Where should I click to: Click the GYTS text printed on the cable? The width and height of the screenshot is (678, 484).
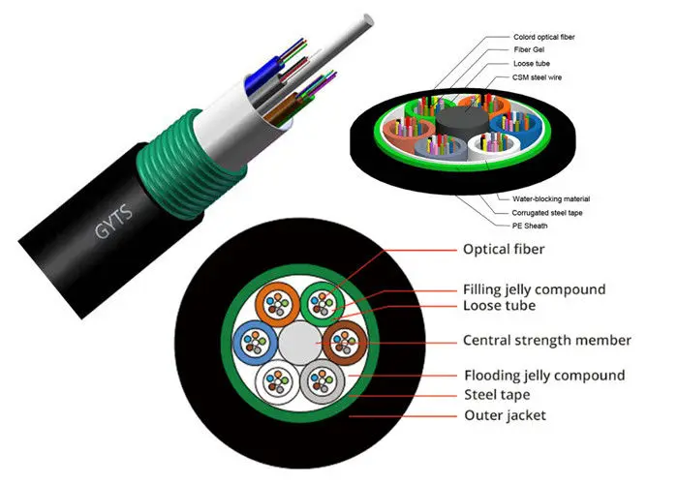[x=113, y=221]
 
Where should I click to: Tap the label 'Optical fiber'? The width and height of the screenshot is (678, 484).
[x=504, y=250]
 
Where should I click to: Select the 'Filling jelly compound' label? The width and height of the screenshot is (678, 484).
[x=534, y=289]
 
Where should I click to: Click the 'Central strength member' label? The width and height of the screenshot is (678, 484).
[x=547, y=340]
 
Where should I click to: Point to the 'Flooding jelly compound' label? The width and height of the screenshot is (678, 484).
[x=544, y=376]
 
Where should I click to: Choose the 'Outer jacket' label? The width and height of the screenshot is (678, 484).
[x=505, y=415]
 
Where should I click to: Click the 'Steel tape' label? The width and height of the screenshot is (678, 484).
[x=497, y=395]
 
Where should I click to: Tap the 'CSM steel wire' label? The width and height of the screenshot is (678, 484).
[x=537, y=77]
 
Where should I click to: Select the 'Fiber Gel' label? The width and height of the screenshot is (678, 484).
[x=529, y=49]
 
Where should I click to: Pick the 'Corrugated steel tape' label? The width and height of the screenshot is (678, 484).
[x=547, y=213]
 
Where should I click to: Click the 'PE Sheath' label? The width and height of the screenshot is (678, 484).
[x=530, y=226]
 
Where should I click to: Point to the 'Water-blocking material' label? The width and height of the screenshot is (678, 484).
[x=551, y=199]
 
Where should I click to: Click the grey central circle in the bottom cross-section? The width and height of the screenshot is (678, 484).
[x=300, y=344]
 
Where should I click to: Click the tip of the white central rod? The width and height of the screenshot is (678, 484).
[x=368, y=20]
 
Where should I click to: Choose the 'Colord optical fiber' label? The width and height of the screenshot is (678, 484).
[x=544, y=37]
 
